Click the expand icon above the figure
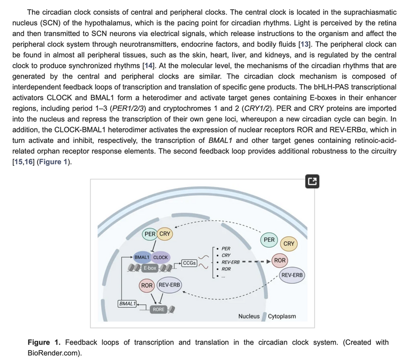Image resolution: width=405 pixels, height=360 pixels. tap(312, 181)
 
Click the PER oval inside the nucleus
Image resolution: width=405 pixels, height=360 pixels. tap(150, 234)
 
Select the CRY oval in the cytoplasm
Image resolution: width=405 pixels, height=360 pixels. tap(289, 244)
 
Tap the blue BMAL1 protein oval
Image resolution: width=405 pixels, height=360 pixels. tap(142, 257)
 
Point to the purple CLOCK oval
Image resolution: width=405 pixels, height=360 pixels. tap(161, 257)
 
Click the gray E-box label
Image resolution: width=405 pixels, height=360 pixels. tap(150, 268)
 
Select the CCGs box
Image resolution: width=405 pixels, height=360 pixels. tap(189, 263)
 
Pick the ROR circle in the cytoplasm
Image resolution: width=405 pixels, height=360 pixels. tap(280, 260)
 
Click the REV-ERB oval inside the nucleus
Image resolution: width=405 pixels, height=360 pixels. tap(169, 285)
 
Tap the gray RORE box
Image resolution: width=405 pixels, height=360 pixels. tap(159, 309)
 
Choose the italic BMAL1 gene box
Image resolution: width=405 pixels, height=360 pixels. tap(127, 304)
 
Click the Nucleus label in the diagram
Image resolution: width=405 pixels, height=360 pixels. tap(249, 316)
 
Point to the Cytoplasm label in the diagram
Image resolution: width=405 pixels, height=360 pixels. tap(282, 316)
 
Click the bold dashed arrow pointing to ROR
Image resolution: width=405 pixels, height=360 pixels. tap(256, 262)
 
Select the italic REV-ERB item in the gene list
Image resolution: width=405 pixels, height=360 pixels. tap(230, 262)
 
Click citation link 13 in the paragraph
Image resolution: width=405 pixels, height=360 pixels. tap(304, 44)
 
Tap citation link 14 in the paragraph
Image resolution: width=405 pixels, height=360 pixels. tap(149, 66)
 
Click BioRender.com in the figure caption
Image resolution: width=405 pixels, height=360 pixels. tap(53, 353)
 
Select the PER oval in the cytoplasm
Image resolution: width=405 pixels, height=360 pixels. tap(269, 240)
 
